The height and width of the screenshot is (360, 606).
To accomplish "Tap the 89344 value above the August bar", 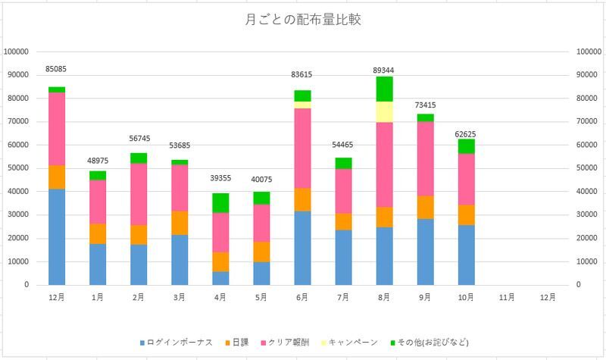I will pos(384,70).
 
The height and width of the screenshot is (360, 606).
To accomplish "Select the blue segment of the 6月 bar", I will pos(302,248).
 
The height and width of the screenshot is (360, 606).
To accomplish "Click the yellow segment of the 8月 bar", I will pos(384,111).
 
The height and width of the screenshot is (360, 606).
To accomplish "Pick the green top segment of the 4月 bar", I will pos(220,203).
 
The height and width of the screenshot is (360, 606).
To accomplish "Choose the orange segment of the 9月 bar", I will pos(425,208).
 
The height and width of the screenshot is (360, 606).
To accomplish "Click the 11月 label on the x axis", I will pos(507,298).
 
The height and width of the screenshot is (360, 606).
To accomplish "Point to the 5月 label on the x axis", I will pos(261,298).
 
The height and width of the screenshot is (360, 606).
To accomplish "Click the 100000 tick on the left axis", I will pos(17,52).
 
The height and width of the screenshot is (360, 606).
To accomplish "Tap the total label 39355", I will pos(220,179).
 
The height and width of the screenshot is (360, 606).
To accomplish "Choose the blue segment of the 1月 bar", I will pos(98,264).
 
